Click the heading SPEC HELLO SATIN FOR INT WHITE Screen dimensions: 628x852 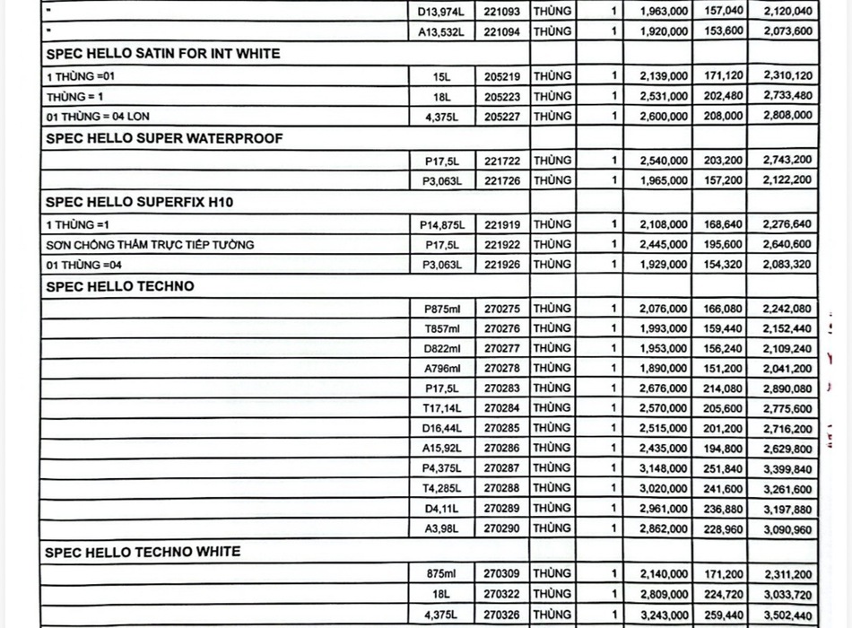[162, 54]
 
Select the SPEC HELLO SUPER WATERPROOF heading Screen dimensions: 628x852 [164, 138]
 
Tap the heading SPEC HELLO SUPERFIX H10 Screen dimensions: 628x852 [139, 203]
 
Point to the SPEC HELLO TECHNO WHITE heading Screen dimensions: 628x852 [143, 551]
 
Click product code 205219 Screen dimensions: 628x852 [501, 77]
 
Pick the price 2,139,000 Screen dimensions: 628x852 [665, 77]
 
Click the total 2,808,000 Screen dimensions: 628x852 [787, 116]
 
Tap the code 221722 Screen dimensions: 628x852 [501, 161]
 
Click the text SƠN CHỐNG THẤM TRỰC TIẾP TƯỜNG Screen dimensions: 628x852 [151, 245]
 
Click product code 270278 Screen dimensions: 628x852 [501, 369]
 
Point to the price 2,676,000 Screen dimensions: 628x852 [665, 388]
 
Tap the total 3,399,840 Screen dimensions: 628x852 [787, 468]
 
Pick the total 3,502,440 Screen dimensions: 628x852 [787, 615]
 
